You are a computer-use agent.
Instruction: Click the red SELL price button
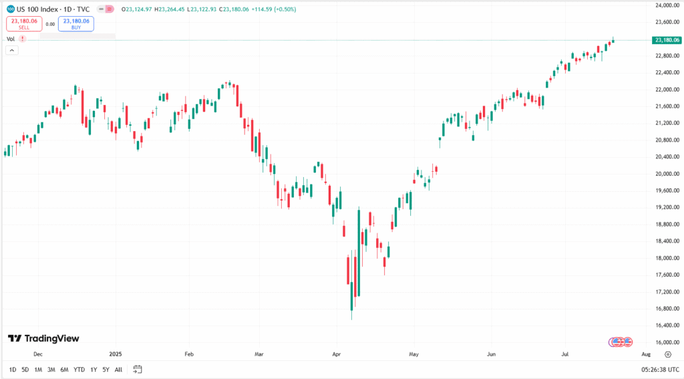(x=23, y=24)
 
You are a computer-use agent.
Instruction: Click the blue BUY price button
(x=75, y=24)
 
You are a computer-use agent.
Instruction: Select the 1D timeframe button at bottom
(x=13, y=369)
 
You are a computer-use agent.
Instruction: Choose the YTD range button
(x=79, y=369)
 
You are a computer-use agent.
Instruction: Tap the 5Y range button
(x=106, y=369)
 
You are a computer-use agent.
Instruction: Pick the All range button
(x=118, y=369)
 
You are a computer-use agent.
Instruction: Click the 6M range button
(x=64, y=369)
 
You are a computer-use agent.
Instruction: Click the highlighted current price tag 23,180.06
(x=666, y=40)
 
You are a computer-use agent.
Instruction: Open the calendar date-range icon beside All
(x=138, y=369)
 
